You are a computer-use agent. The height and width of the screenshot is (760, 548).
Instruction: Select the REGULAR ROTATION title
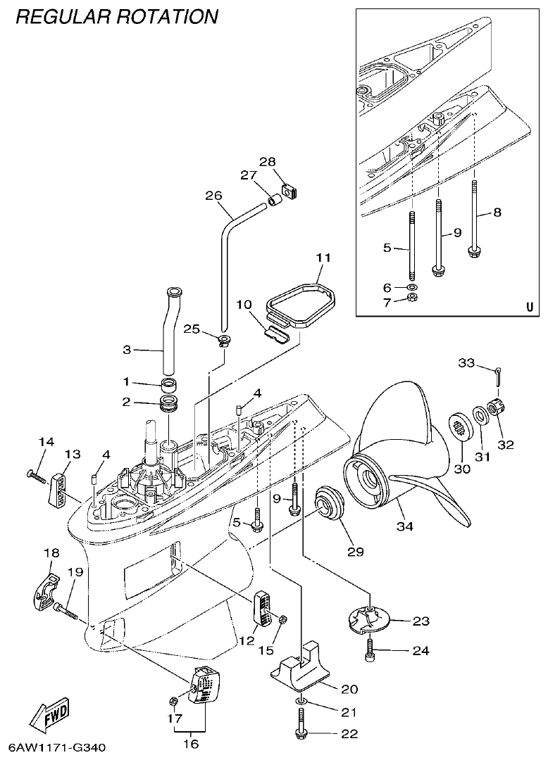click(116, 16)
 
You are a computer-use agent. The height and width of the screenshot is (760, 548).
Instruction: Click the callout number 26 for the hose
click(213, 196)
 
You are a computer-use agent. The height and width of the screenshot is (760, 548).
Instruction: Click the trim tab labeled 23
click(369, 619)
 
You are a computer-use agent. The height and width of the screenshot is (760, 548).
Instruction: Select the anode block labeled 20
click(303, 669)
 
